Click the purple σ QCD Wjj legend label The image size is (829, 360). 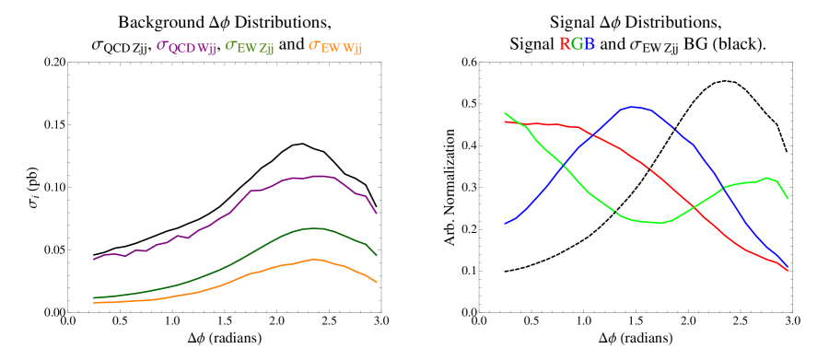187,46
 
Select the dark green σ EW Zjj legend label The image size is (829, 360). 250,46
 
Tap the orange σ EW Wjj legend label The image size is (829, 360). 335,46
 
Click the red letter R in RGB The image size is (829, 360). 565,43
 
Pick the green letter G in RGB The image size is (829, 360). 577,43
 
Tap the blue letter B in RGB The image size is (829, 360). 589,43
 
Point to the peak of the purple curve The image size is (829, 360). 320,175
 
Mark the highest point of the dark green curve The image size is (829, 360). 314,227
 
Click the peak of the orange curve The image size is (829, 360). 314,259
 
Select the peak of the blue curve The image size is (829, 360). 634,107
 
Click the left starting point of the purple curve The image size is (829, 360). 94,259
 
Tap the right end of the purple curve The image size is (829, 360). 377,213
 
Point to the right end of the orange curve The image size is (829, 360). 377,282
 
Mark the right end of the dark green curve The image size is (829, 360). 377,255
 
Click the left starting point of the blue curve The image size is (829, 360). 506,223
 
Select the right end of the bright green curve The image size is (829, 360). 788,198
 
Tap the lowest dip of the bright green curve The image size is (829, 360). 657,223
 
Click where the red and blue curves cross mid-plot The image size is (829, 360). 589,136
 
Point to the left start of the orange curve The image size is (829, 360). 94,302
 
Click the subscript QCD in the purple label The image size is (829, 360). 181,50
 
